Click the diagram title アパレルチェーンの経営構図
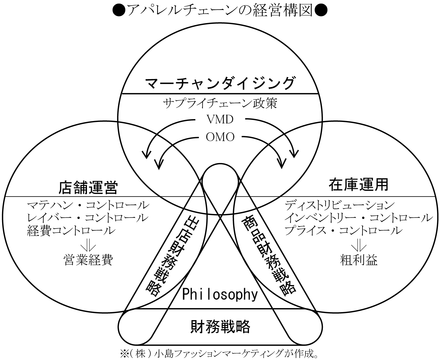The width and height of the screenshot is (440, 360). (220, 11)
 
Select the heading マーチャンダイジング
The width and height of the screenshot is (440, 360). (220, 83)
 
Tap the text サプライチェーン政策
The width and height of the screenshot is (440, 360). (220, 103)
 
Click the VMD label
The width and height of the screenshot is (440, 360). (220, 119)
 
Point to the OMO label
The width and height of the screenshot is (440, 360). (220, 137)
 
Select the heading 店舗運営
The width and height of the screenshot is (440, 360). (88, 187)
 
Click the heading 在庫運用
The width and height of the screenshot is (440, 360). (358, 184)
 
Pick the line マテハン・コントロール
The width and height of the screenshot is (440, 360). (88, 205)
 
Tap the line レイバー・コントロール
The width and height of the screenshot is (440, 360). (88, 218)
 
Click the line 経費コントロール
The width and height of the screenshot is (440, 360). (71, 230)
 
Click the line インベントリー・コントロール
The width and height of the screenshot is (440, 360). (359, 218)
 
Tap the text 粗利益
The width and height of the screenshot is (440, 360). (359, 260)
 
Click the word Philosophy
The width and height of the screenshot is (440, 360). (220, 294)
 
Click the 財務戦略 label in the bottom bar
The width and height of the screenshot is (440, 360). (220, 327)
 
